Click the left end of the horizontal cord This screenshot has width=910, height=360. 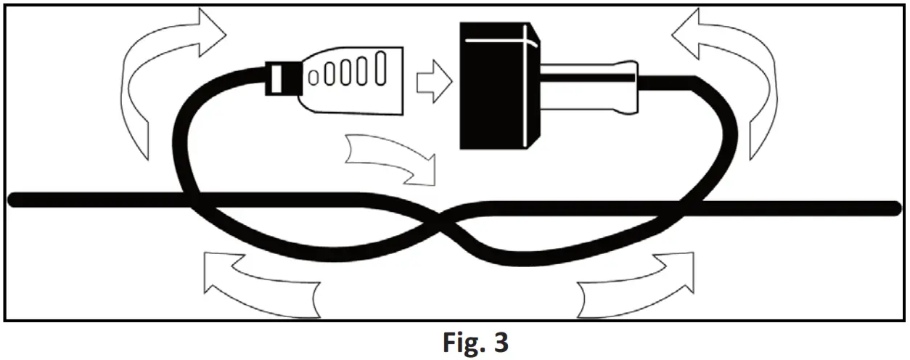tap(13, 200)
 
